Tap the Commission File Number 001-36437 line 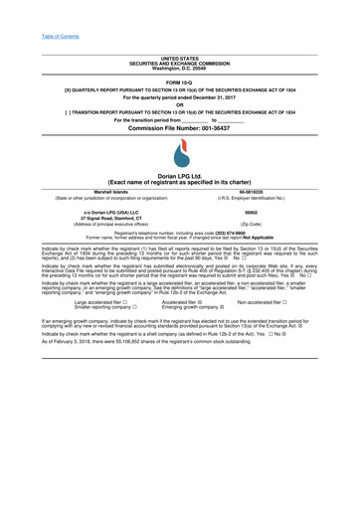(x=180, y=129)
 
